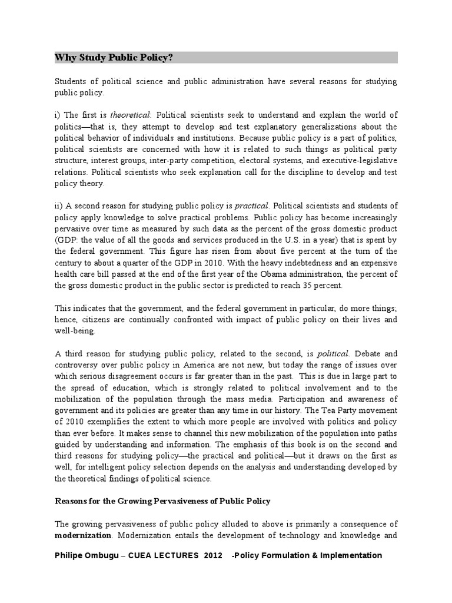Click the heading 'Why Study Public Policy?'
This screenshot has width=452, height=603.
(x=114, y=58)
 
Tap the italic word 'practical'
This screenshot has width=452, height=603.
(x=252, y=206)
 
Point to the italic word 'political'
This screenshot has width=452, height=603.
(x=334, y=354)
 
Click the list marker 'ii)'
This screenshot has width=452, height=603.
(x=59, y=206)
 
